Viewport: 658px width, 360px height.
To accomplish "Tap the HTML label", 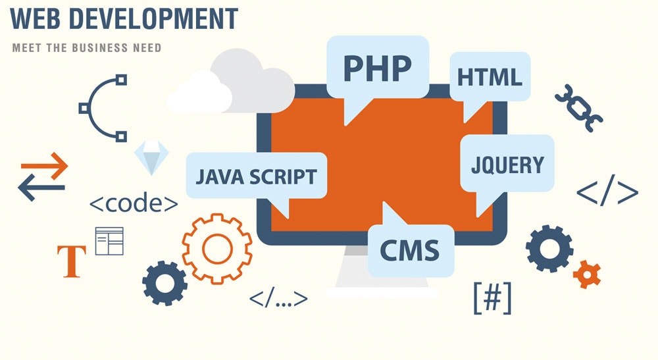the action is pos(490,77).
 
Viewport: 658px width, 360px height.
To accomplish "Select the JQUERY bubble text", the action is pos(507,165).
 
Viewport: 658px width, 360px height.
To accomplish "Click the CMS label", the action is pos(409,250).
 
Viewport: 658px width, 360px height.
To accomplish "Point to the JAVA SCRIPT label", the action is pos(257,176).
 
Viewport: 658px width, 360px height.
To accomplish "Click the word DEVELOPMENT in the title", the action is pos(153,18).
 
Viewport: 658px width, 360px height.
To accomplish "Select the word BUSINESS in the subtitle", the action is pos(99,48).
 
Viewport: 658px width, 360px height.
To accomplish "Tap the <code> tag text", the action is pos(134,203).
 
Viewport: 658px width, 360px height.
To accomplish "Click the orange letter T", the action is pos(72,261).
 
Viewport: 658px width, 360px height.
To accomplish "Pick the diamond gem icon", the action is pos(151,157).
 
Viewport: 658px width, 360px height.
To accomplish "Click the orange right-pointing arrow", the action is pos(45,166).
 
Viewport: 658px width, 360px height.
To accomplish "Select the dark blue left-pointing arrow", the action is pos(41,188).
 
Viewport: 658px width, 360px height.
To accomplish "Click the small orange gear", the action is pos(587,274).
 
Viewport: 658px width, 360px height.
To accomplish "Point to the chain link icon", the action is pos(578,108).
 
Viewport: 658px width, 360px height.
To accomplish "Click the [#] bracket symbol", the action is pos(493,297).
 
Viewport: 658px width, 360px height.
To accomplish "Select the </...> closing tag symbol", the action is pos(278,298).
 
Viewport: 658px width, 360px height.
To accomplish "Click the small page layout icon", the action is pos(109,242).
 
